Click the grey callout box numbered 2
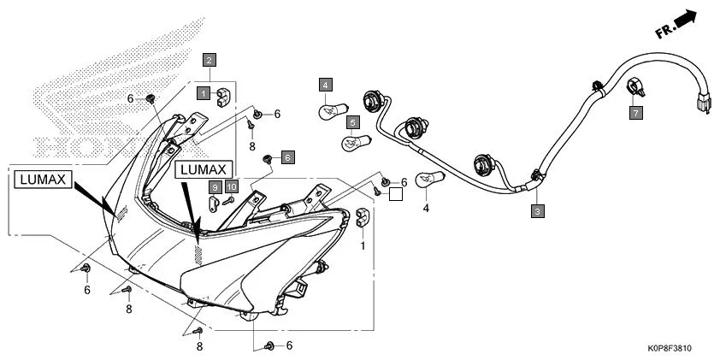click(x=209, y=60)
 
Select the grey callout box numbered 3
click(x=536, y=210)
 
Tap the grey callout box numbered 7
click(x=634, y=112)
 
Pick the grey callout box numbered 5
click(x=352, y=123)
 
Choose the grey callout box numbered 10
click(x=231, y=186)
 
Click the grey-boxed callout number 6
click(x=287, y=157)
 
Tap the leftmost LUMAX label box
click(x=42, y=179)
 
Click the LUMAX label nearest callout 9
click(x=203, y=169)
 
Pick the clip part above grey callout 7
click(x=634, y=87)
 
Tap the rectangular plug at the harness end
click(x=703, y=103)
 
